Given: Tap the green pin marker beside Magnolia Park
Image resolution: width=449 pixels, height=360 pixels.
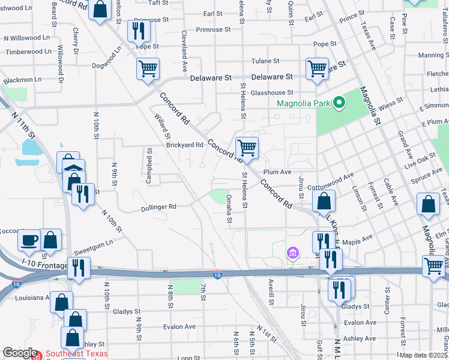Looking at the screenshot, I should coord(339,103).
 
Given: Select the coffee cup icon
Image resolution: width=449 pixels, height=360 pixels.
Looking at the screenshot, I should coord(29,241).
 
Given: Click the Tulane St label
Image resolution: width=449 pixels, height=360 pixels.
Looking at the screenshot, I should coord(265,61).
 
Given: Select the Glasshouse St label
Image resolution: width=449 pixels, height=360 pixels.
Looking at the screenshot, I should coord(272,93).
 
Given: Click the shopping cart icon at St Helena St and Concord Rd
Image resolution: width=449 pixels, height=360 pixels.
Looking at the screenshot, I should coord(247,148).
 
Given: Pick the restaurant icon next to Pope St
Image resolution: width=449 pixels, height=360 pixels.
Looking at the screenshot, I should coord(139,31).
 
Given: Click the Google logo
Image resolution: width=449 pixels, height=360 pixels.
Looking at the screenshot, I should coord(20,353).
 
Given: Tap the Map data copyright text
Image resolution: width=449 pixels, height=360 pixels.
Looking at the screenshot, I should coord(423,355).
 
